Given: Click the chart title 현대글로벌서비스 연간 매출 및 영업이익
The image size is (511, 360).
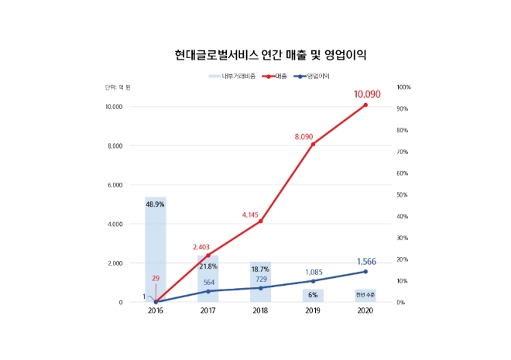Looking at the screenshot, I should tap(270, 55).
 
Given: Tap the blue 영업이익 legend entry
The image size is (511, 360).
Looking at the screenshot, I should tap(317, 77).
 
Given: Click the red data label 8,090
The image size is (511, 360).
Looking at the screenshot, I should tap(307, 137).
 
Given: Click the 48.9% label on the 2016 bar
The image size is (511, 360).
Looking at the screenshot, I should tap(156, 204).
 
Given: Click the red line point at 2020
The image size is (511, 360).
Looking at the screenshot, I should tap(365, 105).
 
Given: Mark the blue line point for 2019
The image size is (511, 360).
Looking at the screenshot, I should tap(314, 281).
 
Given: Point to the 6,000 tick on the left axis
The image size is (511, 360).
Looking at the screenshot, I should tap(113, 185).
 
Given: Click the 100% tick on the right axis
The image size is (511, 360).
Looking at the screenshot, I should tap(403, 87).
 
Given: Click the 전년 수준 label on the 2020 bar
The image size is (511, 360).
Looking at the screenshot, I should tap(365, 295).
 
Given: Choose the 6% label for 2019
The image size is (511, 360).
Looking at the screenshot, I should tap(313, 295).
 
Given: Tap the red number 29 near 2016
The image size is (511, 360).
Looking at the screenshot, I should tap(156, 277).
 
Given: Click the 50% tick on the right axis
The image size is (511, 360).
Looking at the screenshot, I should tap(402, 194).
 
